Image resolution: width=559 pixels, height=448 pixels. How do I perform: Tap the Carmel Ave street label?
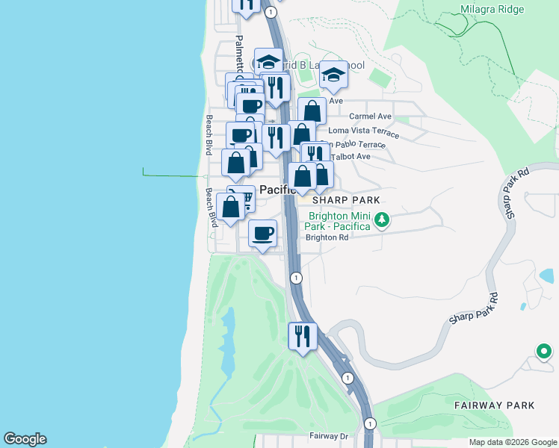click(371, 116)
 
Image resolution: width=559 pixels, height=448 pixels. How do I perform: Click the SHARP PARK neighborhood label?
click(346, 200)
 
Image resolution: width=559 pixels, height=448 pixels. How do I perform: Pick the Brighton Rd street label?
click(327, 238)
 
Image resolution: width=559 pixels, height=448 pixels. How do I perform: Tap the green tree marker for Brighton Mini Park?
click(382, 220)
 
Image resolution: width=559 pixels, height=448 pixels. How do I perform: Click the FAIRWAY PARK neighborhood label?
click(494, 405)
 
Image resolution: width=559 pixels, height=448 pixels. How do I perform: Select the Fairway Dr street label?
click(329, 435)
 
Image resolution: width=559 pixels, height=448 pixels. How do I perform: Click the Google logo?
click(25, 439)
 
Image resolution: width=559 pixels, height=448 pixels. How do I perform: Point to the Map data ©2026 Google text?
click(513, 442)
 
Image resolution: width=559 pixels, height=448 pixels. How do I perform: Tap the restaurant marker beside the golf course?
click(303, 335)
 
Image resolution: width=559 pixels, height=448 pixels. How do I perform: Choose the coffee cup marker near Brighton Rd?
click(262, 233)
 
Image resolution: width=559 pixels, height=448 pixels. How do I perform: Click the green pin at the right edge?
click(544, 350)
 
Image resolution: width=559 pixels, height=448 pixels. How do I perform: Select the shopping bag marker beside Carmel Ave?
click(312, 111)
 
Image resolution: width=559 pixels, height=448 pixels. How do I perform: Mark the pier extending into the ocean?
click(173, 176)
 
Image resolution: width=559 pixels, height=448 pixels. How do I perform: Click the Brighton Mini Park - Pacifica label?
click(339, 220)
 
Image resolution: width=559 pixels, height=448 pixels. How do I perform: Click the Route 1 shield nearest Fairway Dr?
click(370, 423)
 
